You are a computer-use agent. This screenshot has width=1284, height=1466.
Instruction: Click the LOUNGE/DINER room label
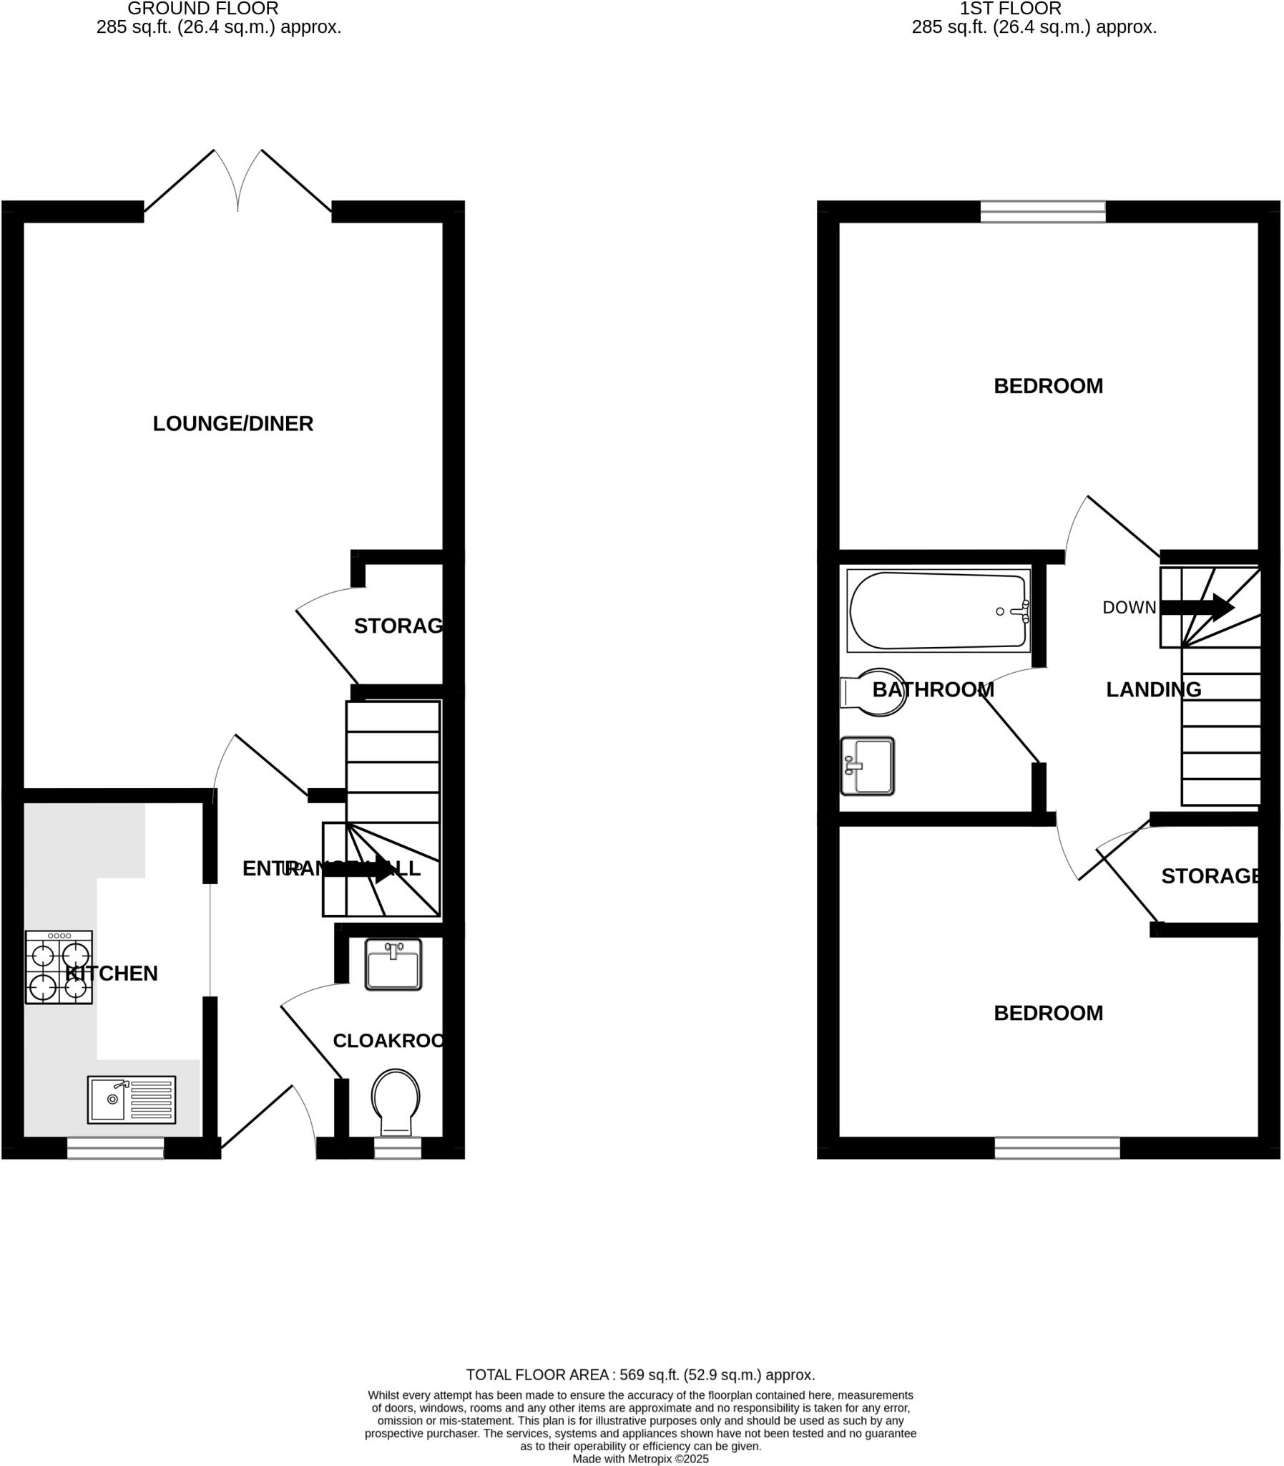(x=233, y=424)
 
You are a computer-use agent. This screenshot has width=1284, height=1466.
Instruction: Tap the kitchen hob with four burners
(x=59, y=967)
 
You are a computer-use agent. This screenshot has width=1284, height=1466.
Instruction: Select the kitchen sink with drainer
(x=131, y=1099)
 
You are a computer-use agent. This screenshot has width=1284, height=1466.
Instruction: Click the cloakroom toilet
(x=396, y=1102)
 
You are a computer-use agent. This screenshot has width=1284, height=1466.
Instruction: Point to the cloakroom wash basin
(x=393, y=965)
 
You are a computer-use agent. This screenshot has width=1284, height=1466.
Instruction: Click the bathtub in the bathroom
(x=938, y=611)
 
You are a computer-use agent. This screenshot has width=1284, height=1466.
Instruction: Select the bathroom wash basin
(x=868, y=766)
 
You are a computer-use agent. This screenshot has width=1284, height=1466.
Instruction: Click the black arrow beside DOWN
(x=1196, y=608)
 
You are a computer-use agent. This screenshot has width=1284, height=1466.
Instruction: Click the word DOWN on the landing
(x=1129, y=608)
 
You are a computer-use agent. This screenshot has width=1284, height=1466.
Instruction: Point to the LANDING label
(x=1154, y=689)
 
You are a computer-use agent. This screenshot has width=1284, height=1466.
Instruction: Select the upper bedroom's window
(x=1042, y=211)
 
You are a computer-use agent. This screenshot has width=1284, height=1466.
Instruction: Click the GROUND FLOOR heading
(x=202, y=9)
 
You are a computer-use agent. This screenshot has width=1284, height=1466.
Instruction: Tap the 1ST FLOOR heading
(x=1010, y=9)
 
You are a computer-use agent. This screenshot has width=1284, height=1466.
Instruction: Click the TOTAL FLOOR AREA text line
(x=640, y=1375)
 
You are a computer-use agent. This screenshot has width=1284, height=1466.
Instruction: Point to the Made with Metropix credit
(x=640, y=1459)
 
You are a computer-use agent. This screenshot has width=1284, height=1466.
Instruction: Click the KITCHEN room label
(x=112, y=974)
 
